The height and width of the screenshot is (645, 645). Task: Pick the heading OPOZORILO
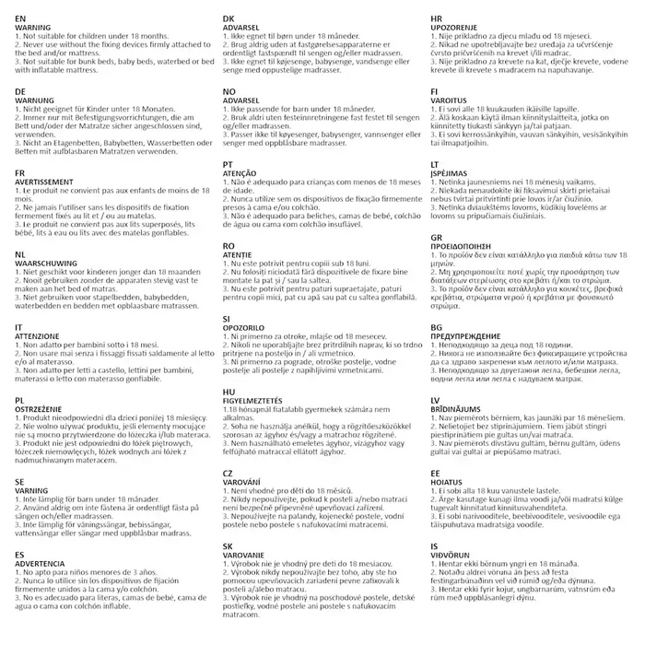click(x=246, y=325)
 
